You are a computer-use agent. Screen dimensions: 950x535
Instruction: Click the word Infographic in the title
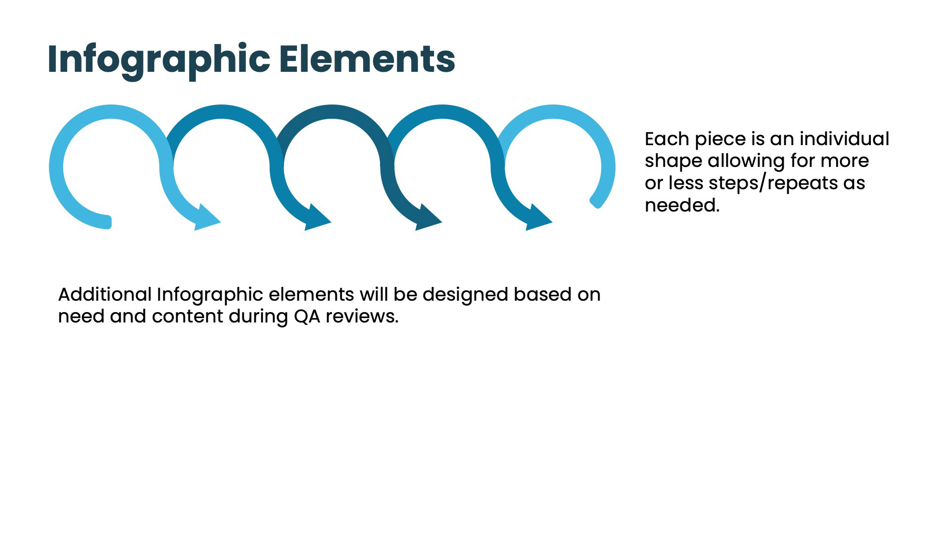click(158, 59)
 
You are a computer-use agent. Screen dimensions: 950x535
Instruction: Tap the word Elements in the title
click(367, 59)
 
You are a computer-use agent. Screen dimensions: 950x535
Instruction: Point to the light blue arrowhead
click(206, 218)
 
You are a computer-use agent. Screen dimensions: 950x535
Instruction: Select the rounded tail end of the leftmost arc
click(106, 222)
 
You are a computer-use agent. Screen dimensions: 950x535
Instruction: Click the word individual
click(844, 139)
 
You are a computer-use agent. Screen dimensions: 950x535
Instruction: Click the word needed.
click(681, 205)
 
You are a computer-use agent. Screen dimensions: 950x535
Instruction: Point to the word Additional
click(105, 294)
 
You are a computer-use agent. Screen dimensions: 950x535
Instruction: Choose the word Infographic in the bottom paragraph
click(210, 295)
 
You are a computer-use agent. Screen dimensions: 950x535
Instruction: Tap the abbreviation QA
click(307, 316)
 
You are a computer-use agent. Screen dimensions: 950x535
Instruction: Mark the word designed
click(465, 295)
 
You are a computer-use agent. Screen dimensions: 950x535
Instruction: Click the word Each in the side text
click(666, 139)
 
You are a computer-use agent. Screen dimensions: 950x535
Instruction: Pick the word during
click(258, 316)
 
